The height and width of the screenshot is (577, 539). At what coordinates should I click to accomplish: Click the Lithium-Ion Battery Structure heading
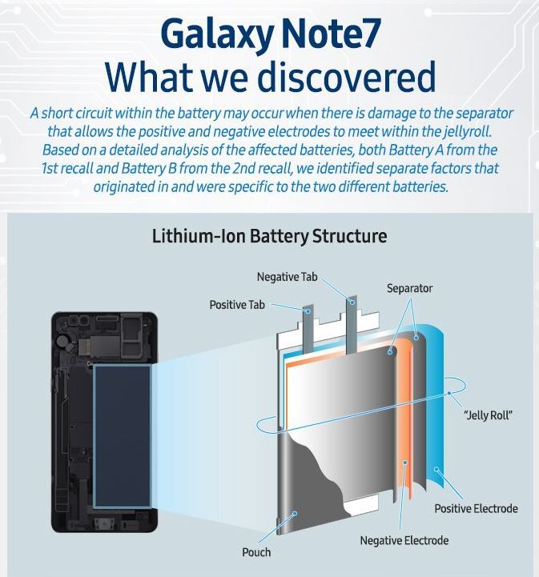pyautogui.click(x=269, y=237)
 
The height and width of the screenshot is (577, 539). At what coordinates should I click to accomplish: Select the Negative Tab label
pyautogui.click(x=287, y=277)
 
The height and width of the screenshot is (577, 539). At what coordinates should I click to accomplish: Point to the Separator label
pyautogui.click(x=409, y=288)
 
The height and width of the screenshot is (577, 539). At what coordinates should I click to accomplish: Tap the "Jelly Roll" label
pyautogui.click(x=488, y=415)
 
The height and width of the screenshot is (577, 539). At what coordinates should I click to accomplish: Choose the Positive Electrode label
pyautogui.click(x=476, y=508)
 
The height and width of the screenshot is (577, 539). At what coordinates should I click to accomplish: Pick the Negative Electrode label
pyautogui.click(x=404, y=541)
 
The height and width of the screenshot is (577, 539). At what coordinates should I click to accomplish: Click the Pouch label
pyautogui.click(x=256, y=552)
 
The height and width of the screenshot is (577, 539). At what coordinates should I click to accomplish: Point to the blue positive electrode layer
pyautogui.click(x=436, y=416)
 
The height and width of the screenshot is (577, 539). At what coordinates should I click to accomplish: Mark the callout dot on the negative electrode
pyautogui.click(x=406, y=463)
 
